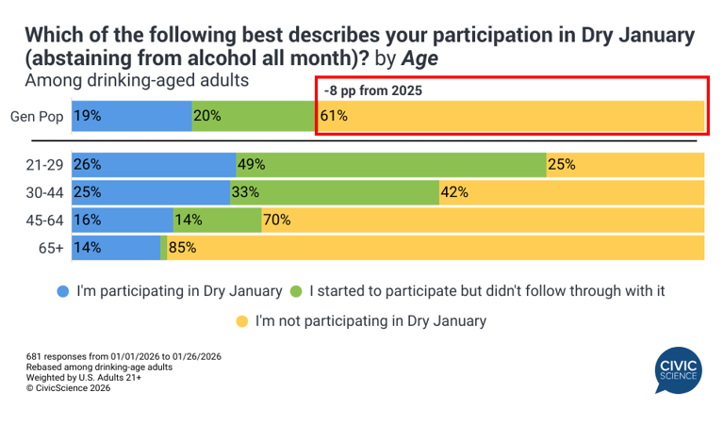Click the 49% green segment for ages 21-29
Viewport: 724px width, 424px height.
click(x=390, y=164)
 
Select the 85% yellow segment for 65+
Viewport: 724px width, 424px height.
click(x=436, y=248)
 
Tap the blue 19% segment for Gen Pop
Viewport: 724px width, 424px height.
click(x=131, y=117)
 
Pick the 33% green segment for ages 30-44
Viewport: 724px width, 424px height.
click(x=334, y=192)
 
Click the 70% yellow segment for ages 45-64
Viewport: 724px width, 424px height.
click(x=483, y=220)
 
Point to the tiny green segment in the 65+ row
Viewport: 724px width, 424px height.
click(x=164, y=248)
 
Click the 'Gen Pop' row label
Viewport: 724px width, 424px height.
click(x=36, y=117)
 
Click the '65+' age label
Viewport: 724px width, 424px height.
click(x=51, y=248)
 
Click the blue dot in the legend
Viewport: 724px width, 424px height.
click(x=63, y=291)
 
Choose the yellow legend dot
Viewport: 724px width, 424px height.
click(x=242, y=321)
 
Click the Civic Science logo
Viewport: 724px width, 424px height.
click(x=678, y=369)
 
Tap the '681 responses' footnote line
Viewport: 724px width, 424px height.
click(x=123, y=356)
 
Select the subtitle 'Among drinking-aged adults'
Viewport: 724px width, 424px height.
click(x=137, y=81)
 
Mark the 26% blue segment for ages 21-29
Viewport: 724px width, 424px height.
click(x=153, y=164)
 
